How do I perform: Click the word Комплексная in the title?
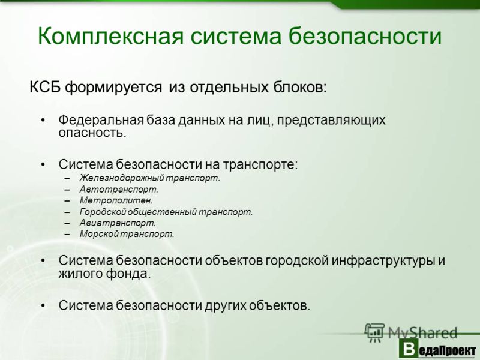coord(110,37)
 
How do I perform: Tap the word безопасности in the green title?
coord(365,36)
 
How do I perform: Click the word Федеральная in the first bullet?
coord(101,120)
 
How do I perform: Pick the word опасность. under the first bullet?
coord(92,133)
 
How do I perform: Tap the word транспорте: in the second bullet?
coord(260,164)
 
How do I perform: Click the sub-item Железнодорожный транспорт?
coord(150,178)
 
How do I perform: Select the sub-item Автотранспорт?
coord(119,190)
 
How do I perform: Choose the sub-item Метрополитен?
coord(116,200)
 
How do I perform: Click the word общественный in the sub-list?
coord(161,212)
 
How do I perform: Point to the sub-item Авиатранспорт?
coord(118,223)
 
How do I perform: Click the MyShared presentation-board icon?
coord(374,332)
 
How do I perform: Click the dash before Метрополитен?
coord(67,201)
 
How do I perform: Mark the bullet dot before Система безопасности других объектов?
coord(43,306)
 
